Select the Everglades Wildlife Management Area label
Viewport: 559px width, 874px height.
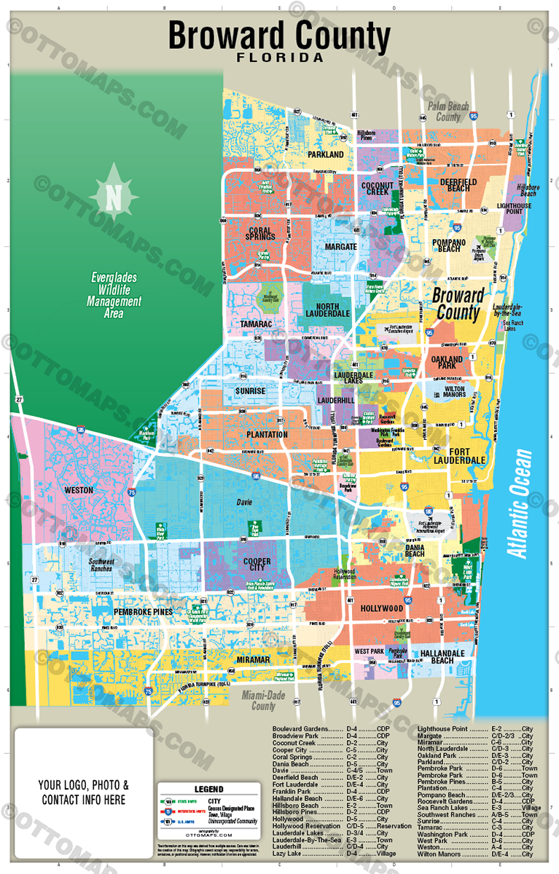pos(114,295)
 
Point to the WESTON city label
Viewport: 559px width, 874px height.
pos(78,490)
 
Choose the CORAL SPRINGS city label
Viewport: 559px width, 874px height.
pos(254,235)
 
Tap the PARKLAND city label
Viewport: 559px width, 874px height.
pos(325,155)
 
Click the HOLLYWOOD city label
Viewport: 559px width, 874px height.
pos(381,608)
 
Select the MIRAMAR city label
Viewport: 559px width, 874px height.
pos(253,659)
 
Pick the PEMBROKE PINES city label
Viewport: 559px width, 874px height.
pos(142,612)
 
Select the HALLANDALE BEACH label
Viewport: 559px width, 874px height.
pos(442,655)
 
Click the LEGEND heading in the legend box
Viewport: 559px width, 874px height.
pos(208,790)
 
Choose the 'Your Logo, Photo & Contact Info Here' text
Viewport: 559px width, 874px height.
pos(84,792)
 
